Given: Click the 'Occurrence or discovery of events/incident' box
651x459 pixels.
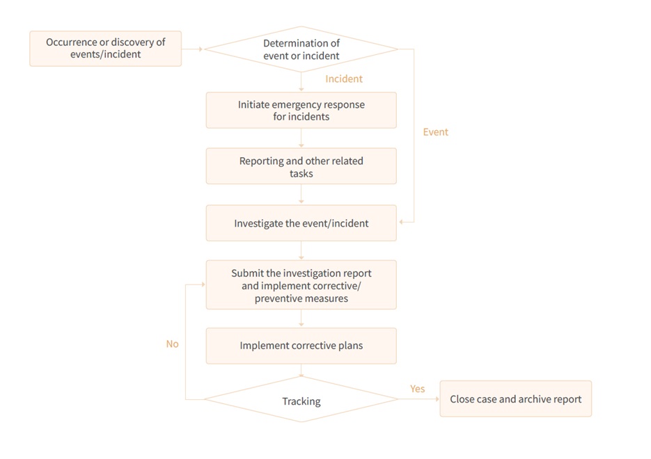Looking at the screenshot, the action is point(105,49).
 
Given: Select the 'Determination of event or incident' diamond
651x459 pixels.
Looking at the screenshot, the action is point(301,49).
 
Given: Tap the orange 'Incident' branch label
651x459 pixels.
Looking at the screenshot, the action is point(344,79).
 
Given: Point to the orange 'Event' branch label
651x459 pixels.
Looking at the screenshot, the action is point(436,132).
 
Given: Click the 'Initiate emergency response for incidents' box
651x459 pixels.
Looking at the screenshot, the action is point(301,111).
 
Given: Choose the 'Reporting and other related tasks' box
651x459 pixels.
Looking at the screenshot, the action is point(301,166).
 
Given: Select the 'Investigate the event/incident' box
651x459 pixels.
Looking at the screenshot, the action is point(301,223).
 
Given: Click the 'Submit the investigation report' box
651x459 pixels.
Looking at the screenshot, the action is point(301,285).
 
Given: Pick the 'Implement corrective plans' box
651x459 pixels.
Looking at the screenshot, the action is point(301,346).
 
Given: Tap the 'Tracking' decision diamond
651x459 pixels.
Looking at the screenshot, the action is point(301,399).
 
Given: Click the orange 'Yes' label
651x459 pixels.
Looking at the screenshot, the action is point(417,389).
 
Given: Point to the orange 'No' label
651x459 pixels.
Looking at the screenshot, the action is point(172,344).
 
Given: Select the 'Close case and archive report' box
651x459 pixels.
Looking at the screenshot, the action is point(516,399).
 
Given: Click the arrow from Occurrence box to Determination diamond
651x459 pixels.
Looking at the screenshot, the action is point(192,49).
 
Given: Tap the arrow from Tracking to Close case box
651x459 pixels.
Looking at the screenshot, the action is point(418,399).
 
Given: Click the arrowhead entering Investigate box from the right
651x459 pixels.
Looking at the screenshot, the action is point(401,223).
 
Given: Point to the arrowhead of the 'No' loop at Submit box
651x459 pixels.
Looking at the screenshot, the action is point(203,284).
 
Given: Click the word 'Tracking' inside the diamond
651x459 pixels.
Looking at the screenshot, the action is point(301,401).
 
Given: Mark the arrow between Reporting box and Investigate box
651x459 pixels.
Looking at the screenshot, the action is point(301,194).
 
